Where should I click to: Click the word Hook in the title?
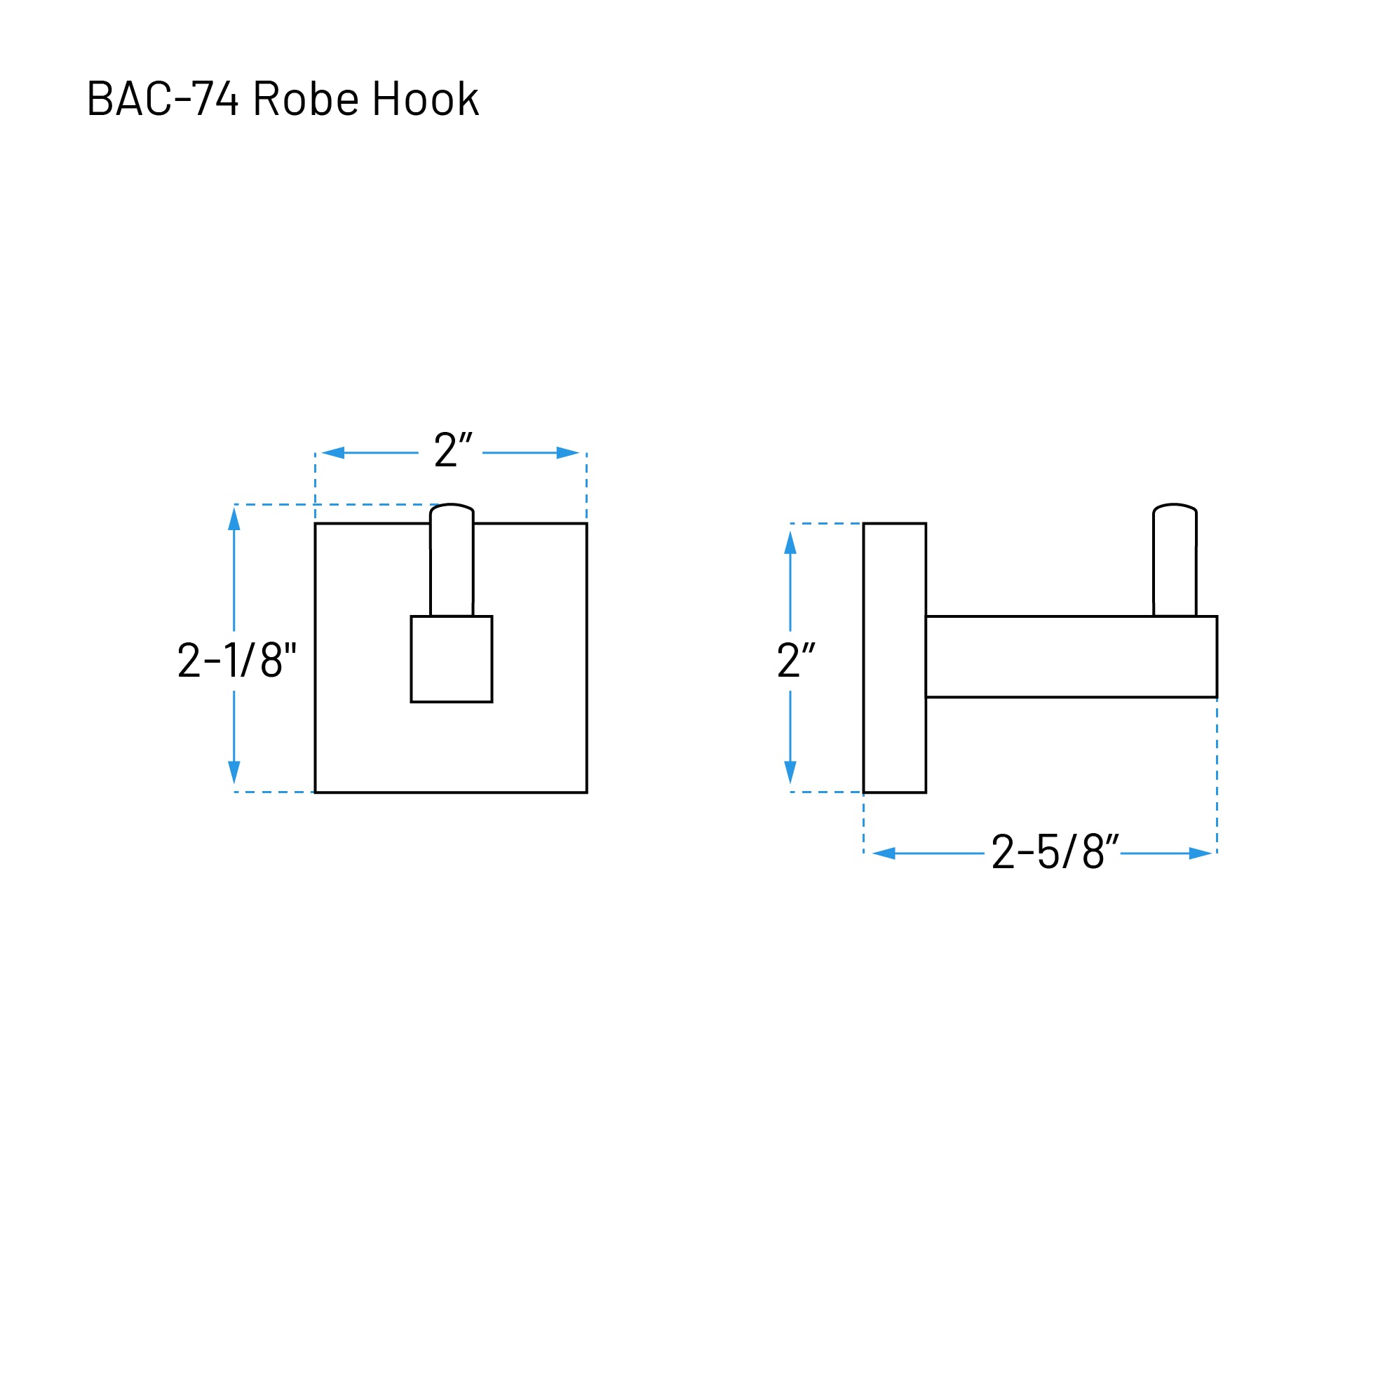[x=425, y=99]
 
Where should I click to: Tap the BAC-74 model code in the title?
[x=162, y=99]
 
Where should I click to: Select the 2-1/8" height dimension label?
[x=236, y=659]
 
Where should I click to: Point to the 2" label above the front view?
[x=452, y=450]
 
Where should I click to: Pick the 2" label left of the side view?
[x=795, y=659]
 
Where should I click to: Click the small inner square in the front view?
[x=451, y=659]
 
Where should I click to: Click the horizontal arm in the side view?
[x=1071, y=656]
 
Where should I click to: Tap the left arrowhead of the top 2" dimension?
[x=333, y=452]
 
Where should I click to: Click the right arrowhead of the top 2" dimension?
[x=568, y=452]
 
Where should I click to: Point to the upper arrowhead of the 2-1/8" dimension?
[x=234, y=520]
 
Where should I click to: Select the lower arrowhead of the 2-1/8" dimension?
[x=234, y=771]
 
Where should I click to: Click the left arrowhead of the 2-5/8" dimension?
[x=884, y=853]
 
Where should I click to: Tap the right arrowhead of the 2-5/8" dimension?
[x=1200, y=853]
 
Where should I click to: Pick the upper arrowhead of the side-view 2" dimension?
[x=790, y=543]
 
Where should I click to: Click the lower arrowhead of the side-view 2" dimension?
[x=790, y=771]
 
